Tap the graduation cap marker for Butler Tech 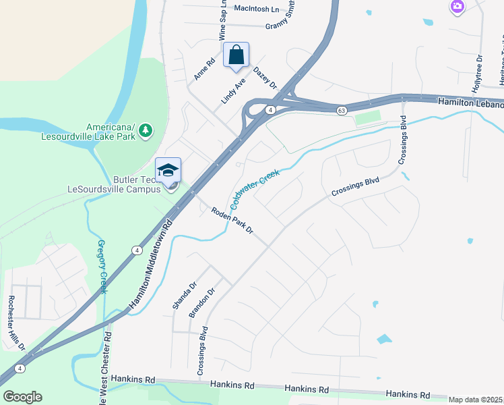coord(168,171)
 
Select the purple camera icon coord(458,7)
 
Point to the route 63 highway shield coord(342,110)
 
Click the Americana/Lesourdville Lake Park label coord(111,132)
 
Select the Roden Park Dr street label coord(231,220)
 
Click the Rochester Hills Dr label coord(16,323)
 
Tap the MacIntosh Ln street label coord(256,9)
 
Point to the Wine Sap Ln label coord(221,22)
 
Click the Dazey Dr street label coord(265,78)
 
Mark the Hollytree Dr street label coord(478,74)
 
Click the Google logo coord(22,397)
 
